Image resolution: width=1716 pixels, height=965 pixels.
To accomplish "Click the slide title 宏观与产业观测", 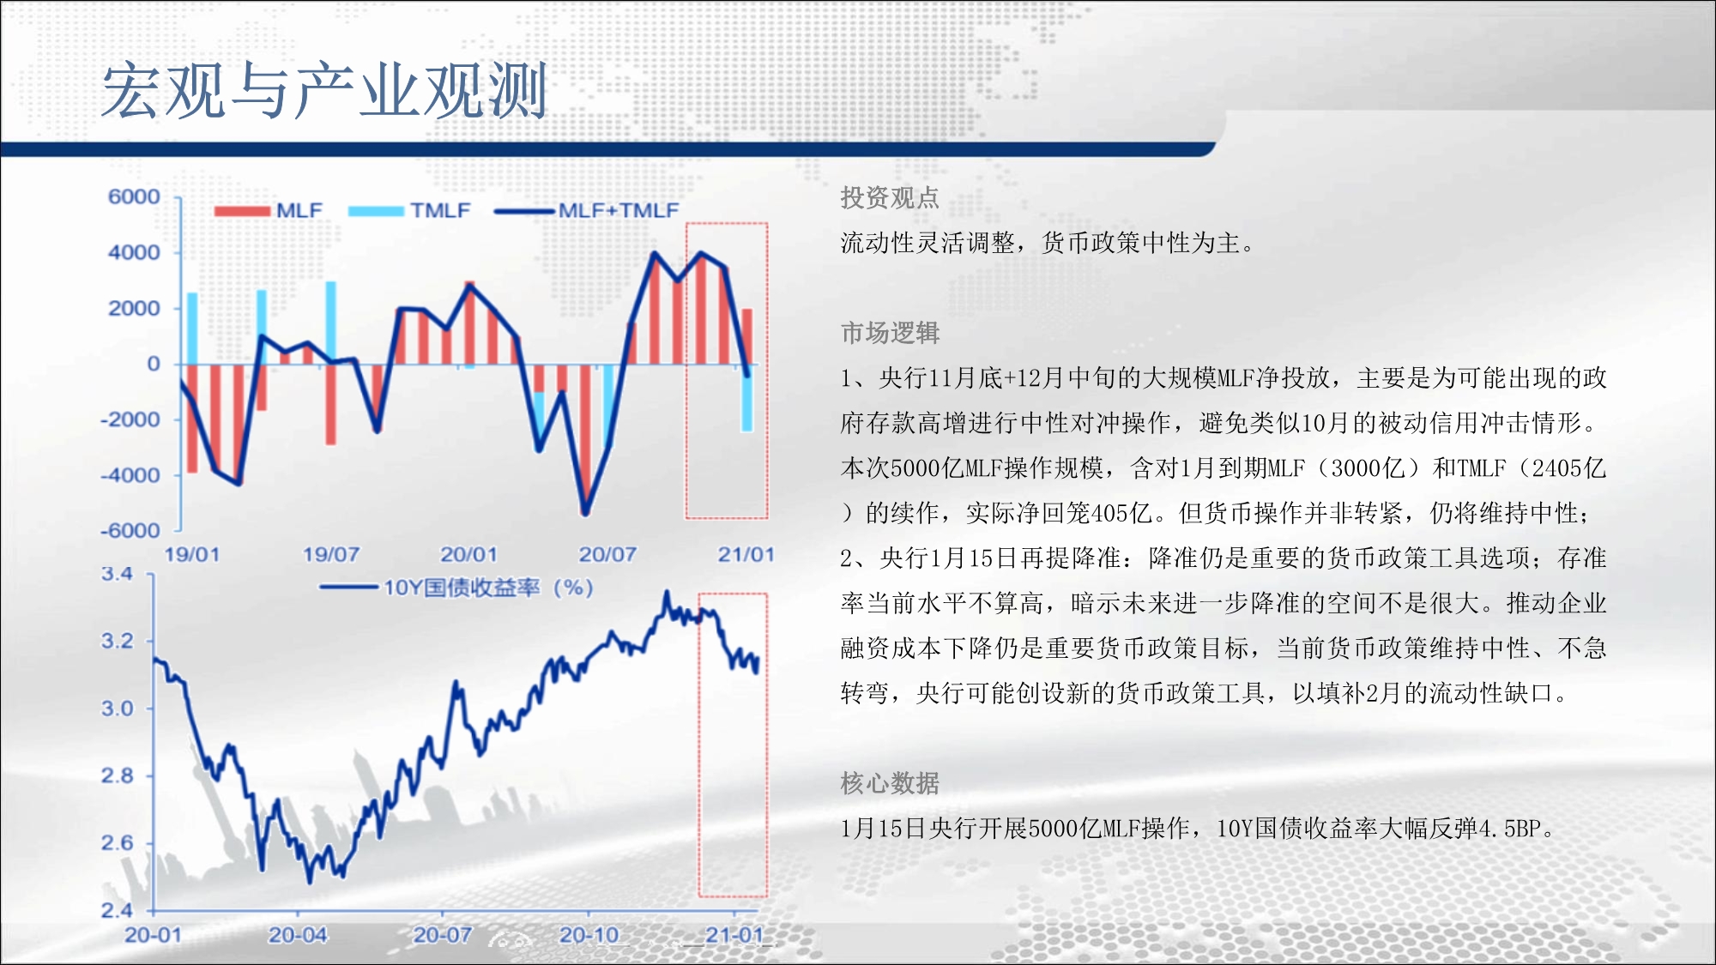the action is [x=324, y=90].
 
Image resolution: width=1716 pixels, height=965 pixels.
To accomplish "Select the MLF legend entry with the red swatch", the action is [x=269, y=210].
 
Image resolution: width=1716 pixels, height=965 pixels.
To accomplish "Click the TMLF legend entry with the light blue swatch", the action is [x=410, y=210].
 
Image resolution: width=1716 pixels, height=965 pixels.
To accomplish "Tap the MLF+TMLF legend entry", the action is [x=587, y=210].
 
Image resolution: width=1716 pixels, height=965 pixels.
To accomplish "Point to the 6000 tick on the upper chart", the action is [x=134, y=196].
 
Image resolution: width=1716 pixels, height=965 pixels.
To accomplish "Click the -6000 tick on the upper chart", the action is [x=130, y=530].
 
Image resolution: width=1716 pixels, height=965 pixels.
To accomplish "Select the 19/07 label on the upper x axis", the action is [x=331, y=554].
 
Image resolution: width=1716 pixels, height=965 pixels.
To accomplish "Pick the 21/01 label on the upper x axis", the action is [x=746, y=554].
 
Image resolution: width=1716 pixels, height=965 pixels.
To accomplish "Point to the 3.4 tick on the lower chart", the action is [x=118, y=574].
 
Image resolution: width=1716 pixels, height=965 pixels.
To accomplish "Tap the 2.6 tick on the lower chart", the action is [x=118, y=842].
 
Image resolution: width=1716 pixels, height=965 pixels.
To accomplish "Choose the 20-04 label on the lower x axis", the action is [x=298, y=935].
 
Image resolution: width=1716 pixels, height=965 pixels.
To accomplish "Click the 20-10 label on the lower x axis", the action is [x=589, y=935].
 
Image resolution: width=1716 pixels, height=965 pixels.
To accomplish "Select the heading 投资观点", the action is [x=890, y=198].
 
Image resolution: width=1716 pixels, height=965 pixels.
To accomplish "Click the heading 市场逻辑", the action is [x=890, y=333].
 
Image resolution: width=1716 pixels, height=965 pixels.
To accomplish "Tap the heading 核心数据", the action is [x=890, y=783].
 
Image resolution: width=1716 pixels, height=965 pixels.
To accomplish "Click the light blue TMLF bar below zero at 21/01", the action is [x=746, y=398].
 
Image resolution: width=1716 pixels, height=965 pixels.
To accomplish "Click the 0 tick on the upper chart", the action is [x=154, y=364].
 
